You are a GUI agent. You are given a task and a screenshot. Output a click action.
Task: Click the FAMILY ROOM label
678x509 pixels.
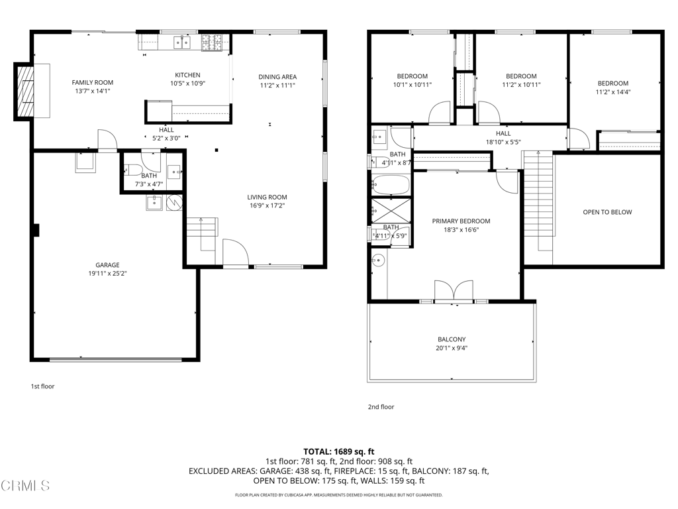point(93,82)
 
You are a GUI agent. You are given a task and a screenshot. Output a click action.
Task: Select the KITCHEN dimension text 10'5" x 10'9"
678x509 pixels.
point(187,83)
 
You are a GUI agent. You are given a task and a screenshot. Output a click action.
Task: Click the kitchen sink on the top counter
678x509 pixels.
point(183,42)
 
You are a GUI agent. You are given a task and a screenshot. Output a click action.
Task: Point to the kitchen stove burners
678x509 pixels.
point(212,42)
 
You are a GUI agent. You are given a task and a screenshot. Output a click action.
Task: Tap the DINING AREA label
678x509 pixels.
point(277,77)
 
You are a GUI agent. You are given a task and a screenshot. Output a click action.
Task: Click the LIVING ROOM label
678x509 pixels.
point(267,197)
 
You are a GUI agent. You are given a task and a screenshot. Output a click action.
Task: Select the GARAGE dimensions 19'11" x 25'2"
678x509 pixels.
point(108,274)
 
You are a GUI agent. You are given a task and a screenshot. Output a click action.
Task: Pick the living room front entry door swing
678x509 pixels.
point(236,251)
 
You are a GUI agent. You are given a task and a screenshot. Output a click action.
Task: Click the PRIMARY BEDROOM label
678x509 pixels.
point(461,221)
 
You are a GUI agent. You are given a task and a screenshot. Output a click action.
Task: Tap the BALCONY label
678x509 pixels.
point(452,339)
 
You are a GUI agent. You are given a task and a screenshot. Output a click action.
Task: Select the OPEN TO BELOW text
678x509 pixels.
point(608,212)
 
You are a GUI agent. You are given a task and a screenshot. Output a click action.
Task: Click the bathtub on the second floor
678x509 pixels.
point(390,185)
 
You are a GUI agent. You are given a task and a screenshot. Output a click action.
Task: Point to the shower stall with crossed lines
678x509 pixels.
point(391,211)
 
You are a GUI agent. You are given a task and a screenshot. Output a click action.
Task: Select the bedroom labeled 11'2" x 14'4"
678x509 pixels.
point(613,87)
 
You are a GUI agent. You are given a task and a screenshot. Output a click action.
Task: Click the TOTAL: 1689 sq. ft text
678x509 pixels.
point(339,452)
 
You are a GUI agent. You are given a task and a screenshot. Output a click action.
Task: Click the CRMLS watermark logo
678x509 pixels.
point(25,486)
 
